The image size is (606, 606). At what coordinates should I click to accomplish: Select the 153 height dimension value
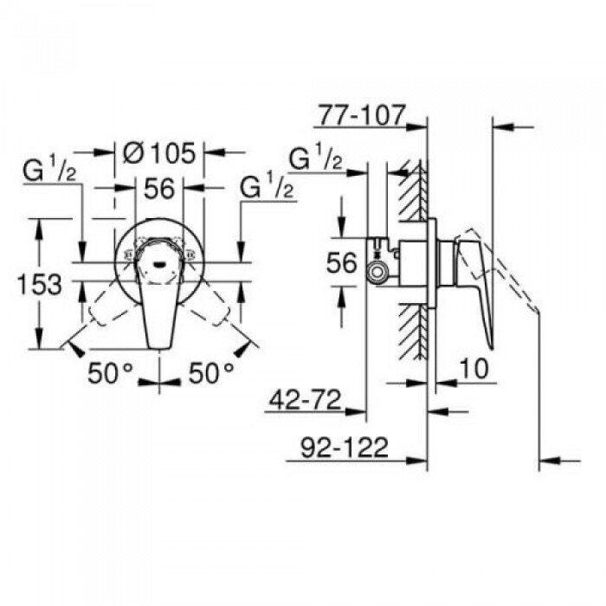(x=41, y=283)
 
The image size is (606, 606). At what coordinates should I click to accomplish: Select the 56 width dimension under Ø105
(x=159, y=189)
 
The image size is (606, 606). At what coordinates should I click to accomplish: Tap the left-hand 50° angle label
(x=111, y=373)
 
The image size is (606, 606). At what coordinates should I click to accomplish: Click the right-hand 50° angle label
(x=210, y=373)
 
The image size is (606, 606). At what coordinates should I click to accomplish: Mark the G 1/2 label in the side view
(x=315, y=159)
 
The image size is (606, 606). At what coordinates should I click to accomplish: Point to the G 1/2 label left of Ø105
(x=50, y=171)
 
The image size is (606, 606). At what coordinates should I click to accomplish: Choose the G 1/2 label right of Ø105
(x=266, y=186)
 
